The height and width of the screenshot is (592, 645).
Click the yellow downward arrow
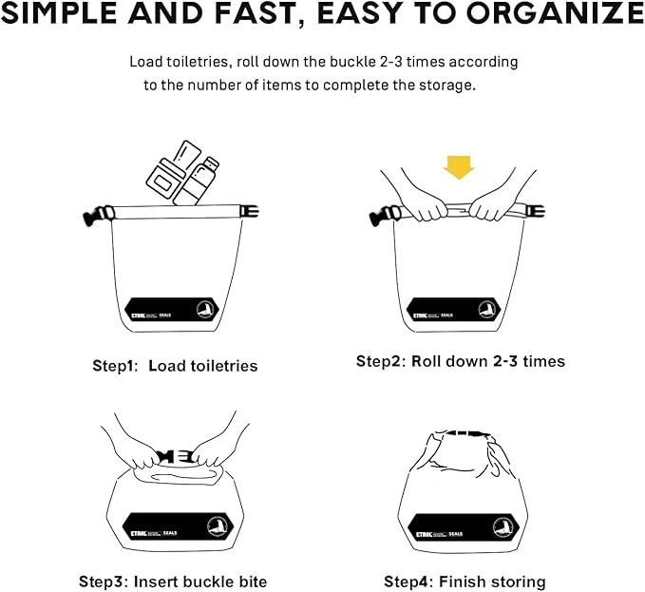[x=460, y=168]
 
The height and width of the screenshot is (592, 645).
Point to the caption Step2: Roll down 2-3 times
[x=460, y=361]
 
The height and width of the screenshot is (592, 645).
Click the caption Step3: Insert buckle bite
[x=172, y=581]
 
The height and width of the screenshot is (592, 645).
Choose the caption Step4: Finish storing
[x=465, y=581]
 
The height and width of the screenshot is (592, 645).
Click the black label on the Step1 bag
[x=176, y=311]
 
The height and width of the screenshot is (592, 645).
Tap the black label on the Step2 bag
[x=460, y=311]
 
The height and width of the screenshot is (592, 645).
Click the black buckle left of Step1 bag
[x=94, y=216]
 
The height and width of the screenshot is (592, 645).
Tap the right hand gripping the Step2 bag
[x=495, y=204]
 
